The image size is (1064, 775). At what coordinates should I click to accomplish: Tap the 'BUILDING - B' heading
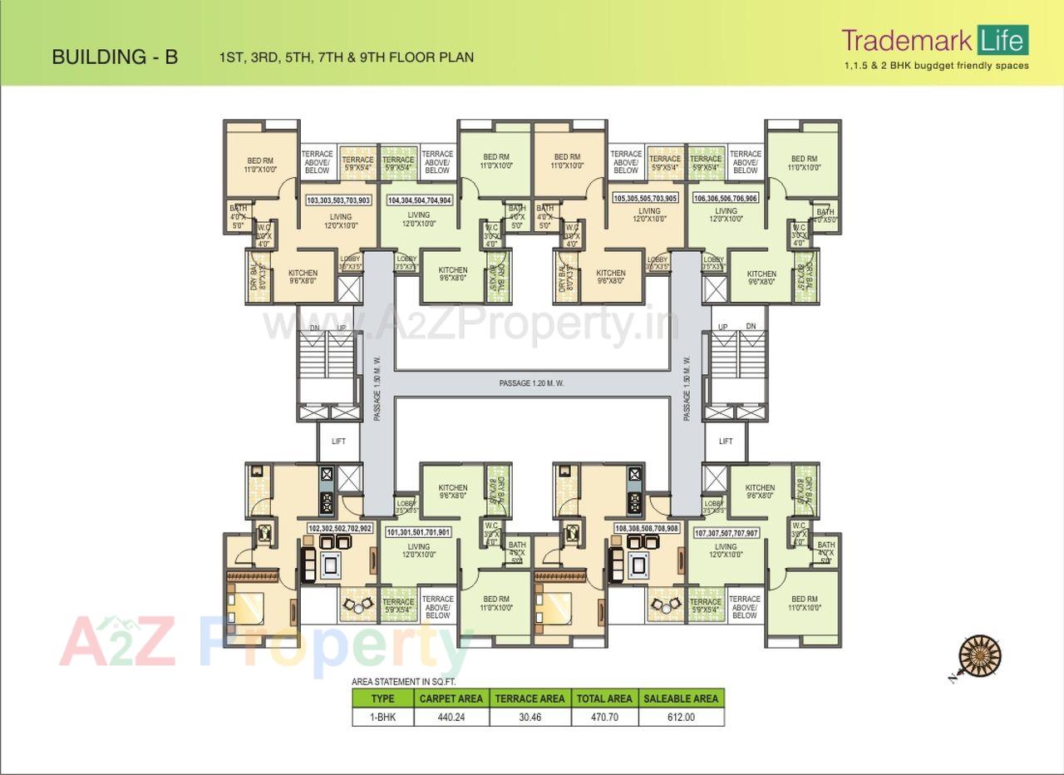click(115, 57)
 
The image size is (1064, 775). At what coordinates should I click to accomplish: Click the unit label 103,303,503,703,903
click(338, 200)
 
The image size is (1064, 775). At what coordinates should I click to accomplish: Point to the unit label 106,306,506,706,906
click(725, 199)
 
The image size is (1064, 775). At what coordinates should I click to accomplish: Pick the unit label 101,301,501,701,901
click(419, 532)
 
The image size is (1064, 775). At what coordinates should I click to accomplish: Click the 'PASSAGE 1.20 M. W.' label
click(531, 383)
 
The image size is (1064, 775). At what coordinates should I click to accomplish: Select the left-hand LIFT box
click(338, 442)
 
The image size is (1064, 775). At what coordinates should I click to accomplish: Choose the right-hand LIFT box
click(726, 442)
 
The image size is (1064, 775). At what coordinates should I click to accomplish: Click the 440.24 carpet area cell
click(451, 717)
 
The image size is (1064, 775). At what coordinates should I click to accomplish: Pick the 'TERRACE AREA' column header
click(530, 698)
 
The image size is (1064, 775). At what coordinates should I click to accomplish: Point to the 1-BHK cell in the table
click(382, 717)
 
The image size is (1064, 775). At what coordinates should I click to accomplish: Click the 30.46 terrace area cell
click(530, 717)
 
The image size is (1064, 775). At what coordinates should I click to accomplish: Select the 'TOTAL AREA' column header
click(603, 698)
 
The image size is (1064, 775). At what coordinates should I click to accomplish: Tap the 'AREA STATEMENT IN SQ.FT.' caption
click(402, 682)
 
